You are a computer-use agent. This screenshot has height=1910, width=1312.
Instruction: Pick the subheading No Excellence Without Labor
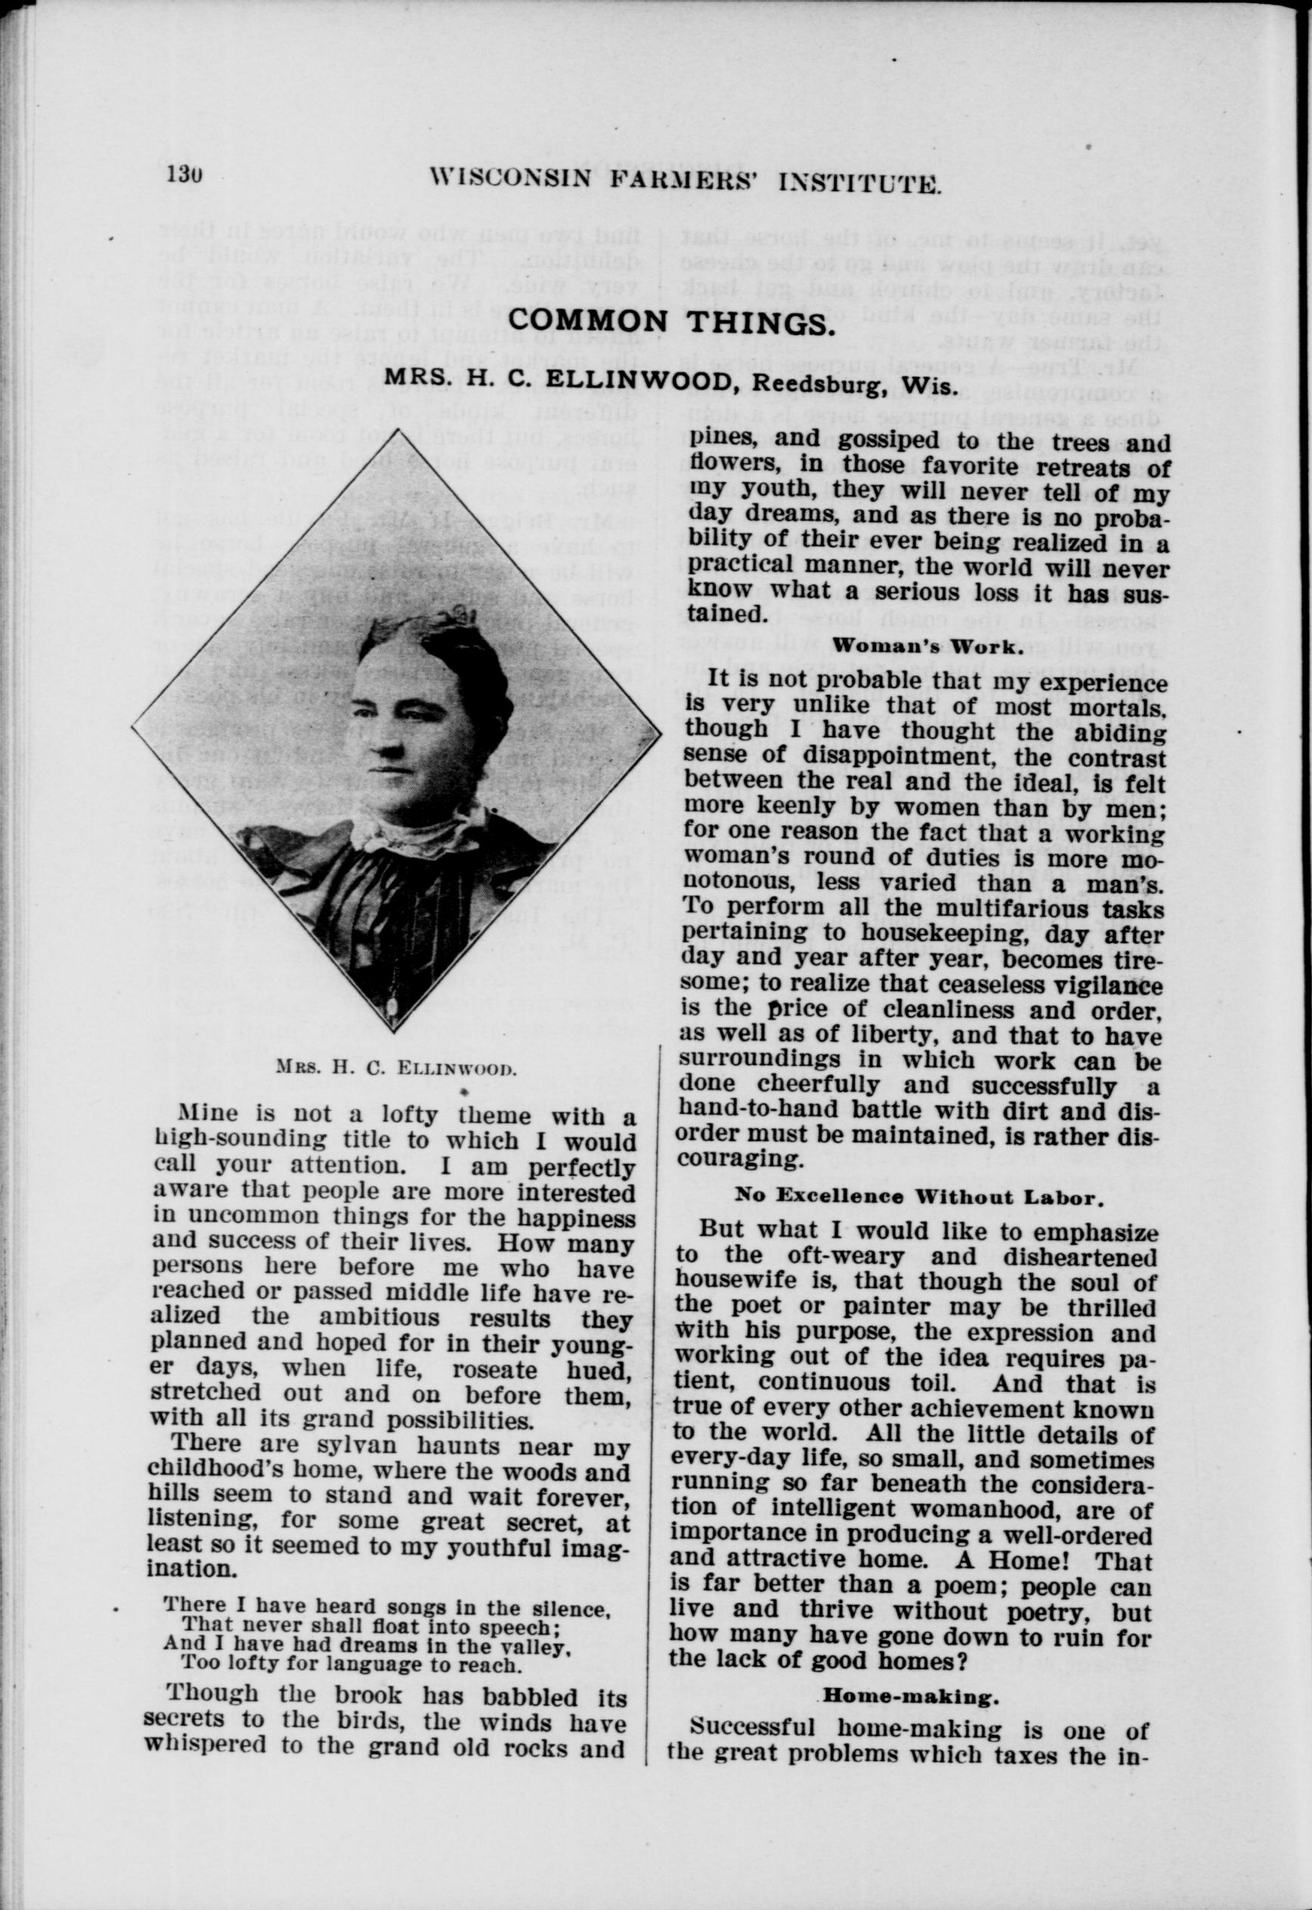pyautogui.click(x=917, y=1197)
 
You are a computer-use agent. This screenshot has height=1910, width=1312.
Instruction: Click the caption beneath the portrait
pyautogui.click(x=396, y=1070)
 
